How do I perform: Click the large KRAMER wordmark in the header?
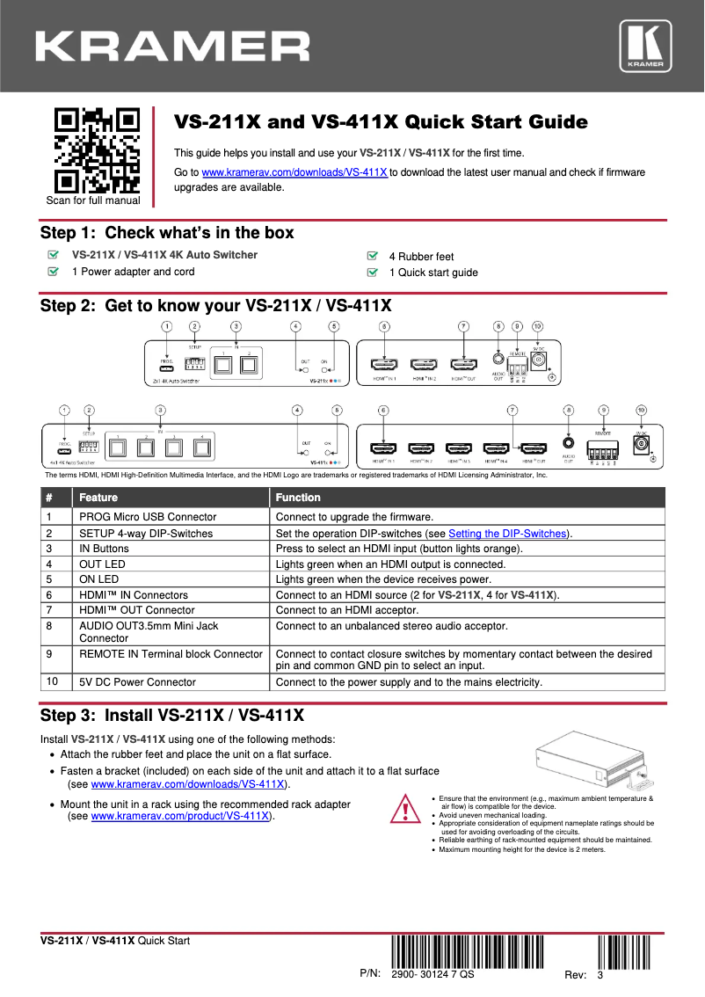172,46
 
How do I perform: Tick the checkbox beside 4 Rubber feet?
372,256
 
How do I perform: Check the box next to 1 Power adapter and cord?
54,272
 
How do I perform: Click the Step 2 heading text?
215,306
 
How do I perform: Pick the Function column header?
298,498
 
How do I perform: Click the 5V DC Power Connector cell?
137,682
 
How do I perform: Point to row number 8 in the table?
53,626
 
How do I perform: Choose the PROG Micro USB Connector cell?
148,517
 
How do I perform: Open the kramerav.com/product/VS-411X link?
180,816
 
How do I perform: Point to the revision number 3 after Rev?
600,976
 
